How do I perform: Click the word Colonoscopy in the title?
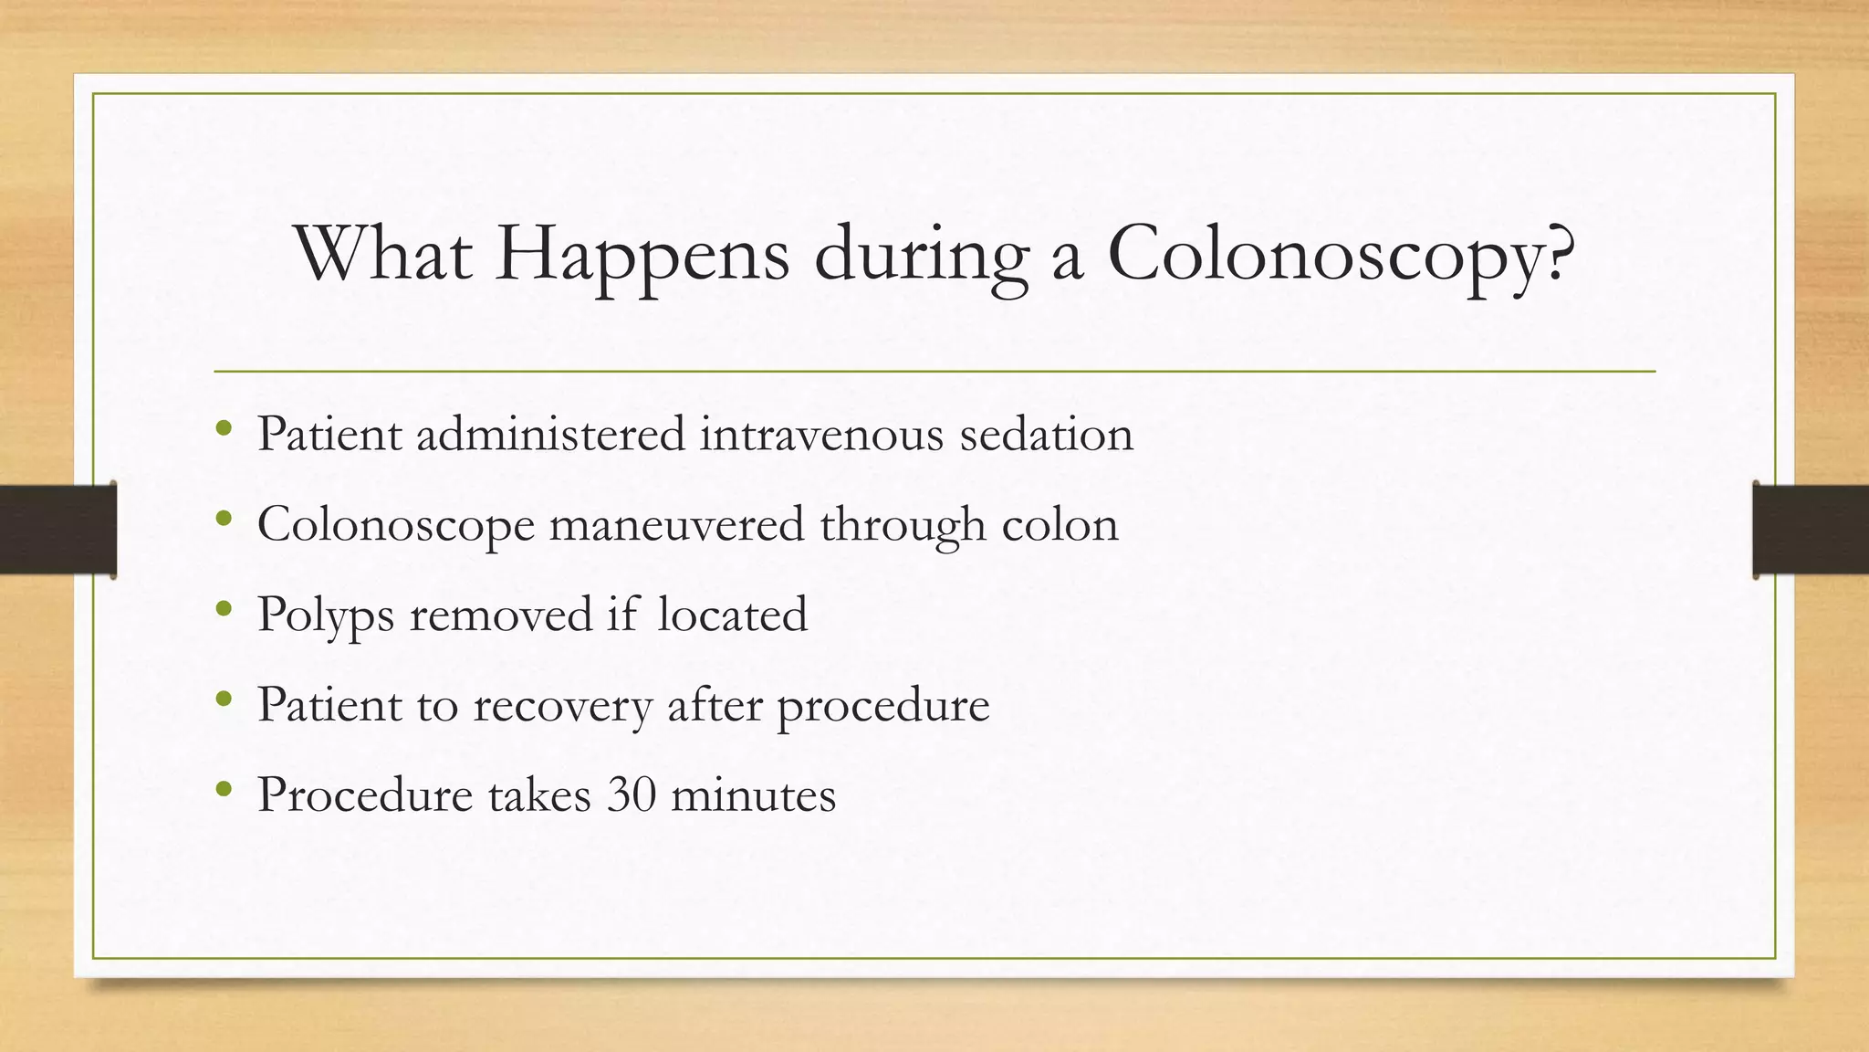(x=1341, y=255)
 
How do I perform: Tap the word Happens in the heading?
(x=642, y=255)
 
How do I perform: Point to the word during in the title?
(x=921, y=255)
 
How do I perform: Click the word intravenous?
(x=821, y=434)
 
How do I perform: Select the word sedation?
(x=1046, y=434)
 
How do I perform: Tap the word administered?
(x=550, y=434)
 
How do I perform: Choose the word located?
(x=732, y=614)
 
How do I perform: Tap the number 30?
(x=632, y=794)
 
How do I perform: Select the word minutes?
(x=753, y=794)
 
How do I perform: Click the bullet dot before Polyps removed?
(x=224, y=609)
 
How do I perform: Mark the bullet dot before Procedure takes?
(x=224, y=789)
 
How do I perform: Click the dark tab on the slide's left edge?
(x=57, y=530)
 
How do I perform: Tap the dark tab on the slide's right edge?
(x=1811, y=530)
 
